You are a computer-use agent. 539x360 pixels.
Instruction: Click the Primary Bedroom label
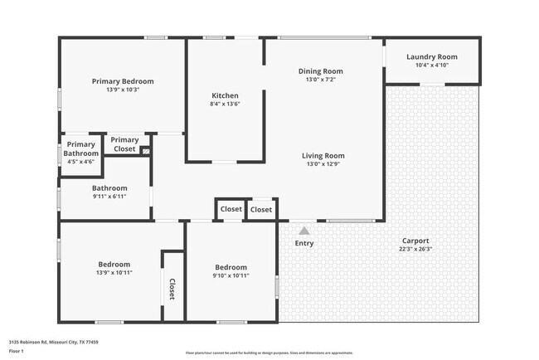coord(123,81)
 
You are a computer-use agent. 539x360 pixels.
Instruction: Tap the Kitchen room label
coord(226,95)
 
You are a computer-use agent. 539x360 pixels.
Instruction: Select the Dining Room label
coord(321,71)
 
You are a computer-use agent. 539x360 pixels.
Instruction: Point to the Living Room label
coord(323,156)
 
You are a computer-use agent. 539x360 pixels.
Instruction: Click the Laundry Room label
coord(432,56)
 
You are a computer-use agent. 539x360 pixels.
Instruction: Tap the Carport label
coord(415,240)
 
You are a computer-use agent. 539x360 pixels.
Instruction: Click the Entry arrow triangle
coord(304,231)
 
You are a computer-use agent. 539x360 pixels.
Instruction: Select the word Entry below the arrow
coord(304,243)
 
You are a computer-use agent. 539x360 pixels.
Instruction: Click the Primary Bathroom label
coord(81,148)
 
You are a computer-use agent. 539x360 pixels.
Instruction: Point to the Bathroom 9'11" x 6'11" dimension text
coord(109,197)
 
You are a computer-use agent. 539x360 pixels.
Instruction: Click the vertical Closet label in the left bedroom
coord(172,289)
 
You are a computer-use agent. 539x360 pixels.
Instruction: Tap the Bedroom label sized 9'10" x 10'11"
coord(230,267)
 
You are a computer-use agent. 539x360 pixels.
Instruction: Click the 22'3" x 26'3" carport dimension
coord(415,249)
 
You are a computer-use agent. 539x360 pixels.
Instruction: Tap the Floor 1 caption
coord(17,351)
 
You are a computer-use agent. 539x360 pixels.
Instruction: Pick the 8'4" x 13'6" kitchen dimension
coord(226,105)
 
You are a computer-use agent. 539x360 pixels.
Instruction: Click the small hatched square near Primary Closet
coord(146,152)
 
